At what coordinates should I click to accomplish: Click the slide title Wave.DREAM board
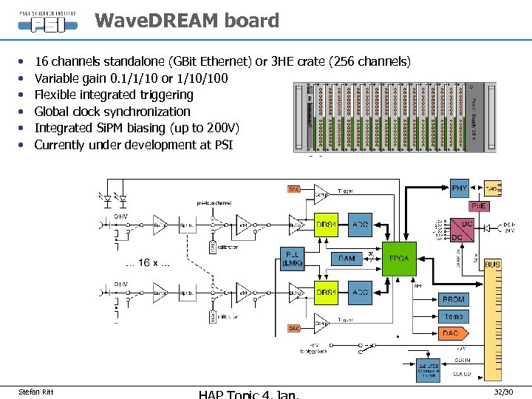point(187,21)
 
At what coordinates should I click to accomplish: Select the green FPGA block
point(399,259)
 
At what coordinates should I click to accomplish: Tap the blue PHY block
point(459,188)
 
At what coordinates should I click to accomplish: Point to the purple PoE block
point(480,206)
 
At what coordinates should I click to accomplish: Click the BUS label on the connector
point(492,264)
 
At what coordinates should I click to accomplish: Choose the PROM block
point(453,299)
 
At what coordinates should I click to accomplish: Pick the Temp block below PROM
point(453,316)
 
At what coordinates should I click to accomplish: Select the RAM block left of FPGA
point(347,259)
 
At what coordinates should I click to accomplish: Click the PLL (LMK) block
point(293,259)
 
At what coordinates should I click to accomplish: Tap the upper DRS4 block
point(327,224)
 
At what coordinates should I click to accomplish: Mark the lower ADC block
point(361,293)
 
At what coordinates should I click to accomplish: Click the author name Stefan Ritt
point(35,391)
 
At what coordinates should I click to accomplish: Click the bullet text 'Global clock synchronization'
point(112,112)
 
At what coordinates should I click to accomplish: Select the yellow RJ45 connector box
point(492,189)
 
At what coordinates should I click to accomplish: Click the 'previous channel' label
point(214,202)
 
